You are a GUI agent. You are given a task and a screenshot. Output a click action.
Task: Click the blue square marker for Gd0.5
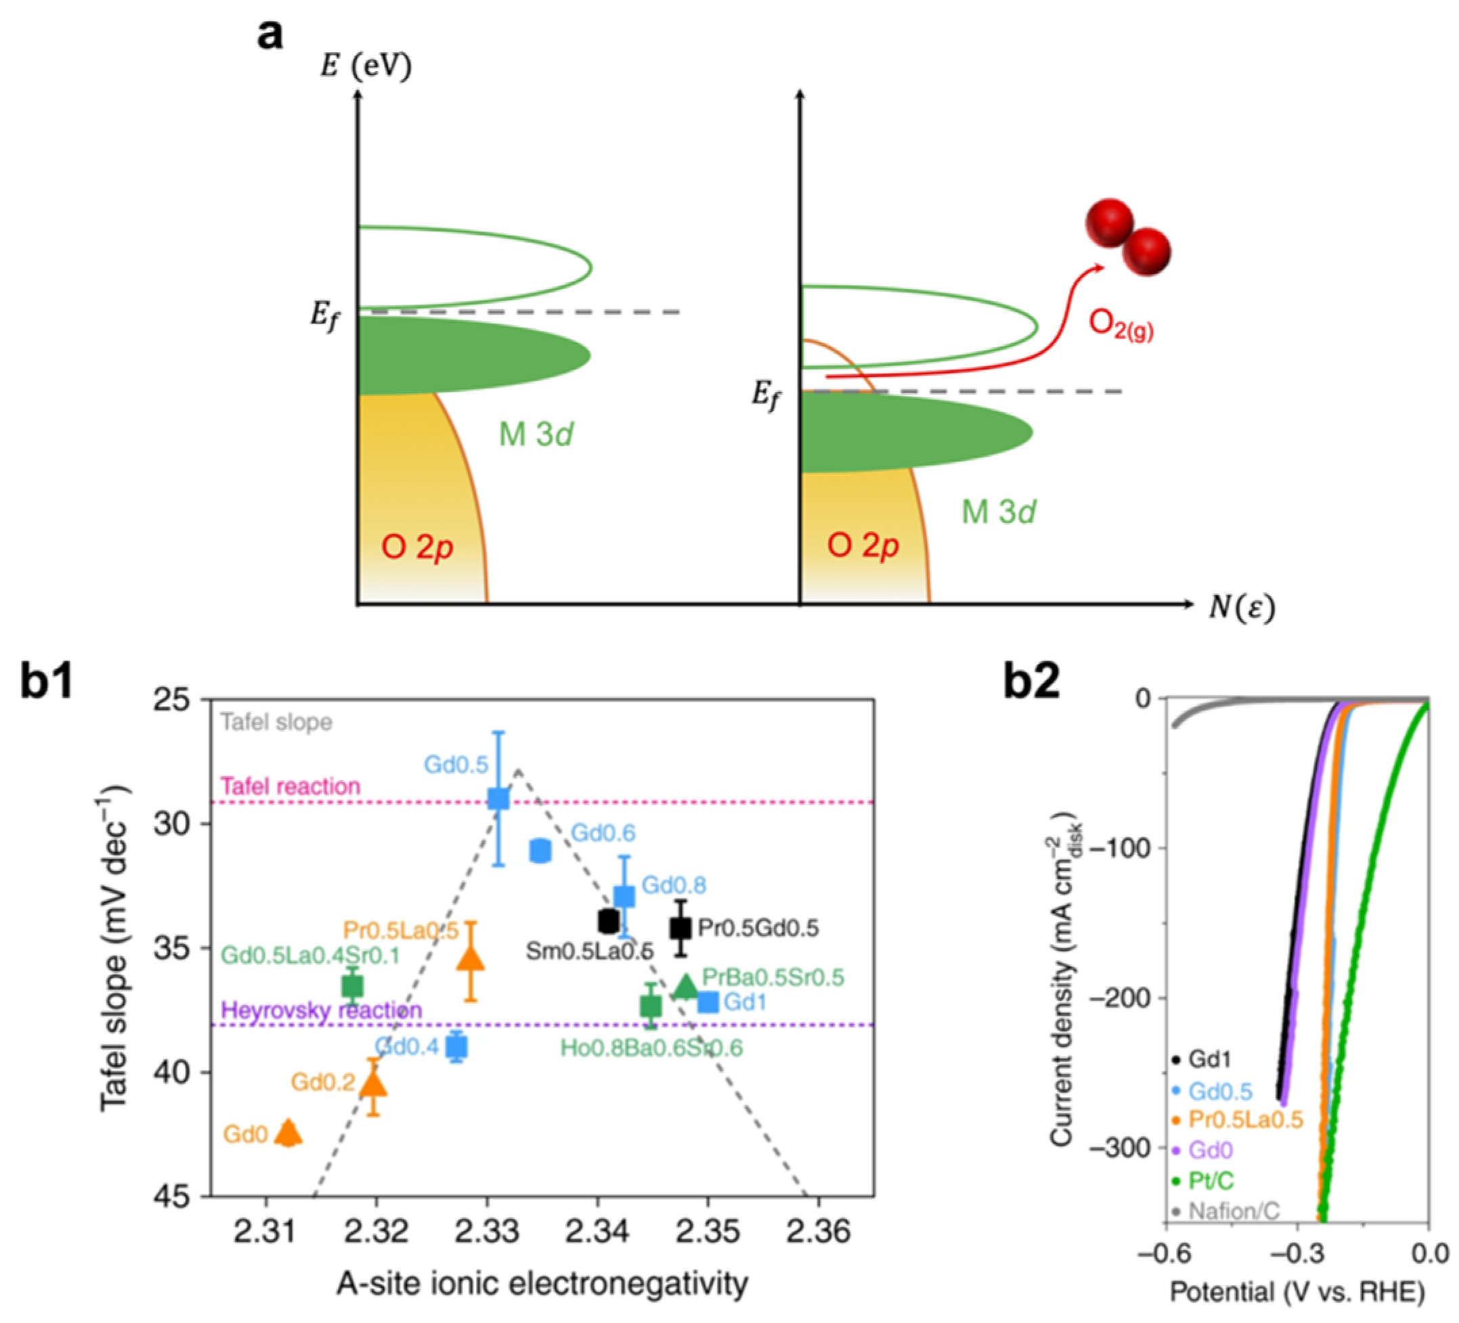pyautogui.click(x=498, y=799)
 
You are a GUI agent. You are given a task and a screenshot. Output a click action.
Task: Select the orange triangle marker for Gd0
pyautogui.click(x=289, y=1133)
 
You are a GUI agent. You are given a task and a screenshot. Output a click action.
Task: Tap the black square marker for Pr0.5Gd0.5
pyautogui.click(x=680, y=928)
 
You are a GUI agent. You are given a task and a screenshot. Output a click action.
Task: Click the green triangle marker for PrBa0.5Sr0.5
pyautogui.click(x=685, y=987)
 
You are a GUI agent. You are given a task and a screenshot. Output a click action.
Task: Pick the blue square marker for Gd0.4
pyautogui.click(x=456, y=1047)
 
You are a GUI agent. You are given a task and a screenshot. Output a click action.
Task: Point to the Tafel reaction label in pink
pyautogui.click(x=290, y=786)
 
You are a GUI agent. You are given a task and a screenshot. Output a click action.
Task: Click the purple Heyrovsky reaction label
pyautogui.click(x=322, y=1010)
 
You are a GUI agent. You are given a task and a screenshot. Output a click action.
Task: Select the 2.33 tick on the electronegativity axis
pyautogui.click(x=487, y=1232)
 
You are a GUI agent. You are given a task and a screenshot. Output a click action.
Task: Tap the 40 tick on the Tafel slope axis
pyautogui.click(x=171, y=1072)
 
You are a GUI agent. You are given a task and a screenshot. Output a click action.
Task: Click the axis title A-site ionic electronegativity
pyautogui.click(x=542, y=1282)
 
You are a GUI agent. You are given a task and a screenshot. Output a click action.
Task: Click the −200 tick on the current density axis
pyautogui.click(x=1125, y=997)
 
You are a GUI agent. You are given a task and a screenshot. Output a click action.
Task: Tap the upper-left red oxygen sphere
pyautogui.click(x=1109, y=223)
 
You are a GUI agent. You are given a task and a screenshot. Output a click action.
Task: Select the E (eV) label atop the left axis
pyautogui.click(x=366, y=66)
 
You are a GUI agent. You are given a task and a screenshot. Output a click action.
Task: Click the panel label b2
pyautogui.click(x=1032, y=681)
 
